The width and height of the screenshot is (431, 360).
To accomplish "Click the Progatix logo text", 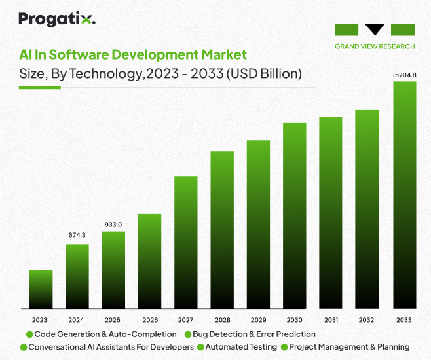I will [57, 19].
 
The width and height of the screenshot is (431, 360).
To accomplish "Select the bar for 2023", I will [41, 289].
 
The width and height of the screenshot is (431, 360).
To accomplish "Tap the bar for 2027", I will [186, 242].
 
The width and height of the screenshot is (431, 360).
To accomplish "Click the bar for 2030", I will [295, 215].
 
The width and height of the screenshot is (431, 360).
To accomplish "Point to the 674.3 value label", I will [77, 235].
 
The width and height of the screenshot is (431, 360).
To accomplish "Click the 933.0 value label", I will [113, 225].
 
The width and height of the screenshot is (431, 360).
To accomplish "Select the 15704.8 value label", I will [404, 75].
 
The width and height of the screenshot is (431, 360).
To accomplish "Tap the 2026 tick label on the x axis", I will [149, 320].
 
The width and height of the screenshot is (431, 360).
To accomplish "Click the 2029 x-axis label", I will [258, 320].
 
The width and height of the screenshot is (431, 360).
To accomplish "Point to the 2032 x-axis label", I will [367, 320].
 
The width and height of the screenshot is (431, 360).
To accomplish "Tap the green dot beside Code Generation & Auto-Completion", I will [29, 334].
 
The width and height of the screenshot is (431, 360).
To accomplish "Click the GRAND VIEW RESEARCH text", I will [375, 46].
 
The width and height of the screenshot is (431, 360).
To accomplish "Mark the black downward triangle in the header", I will [375, 28].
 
